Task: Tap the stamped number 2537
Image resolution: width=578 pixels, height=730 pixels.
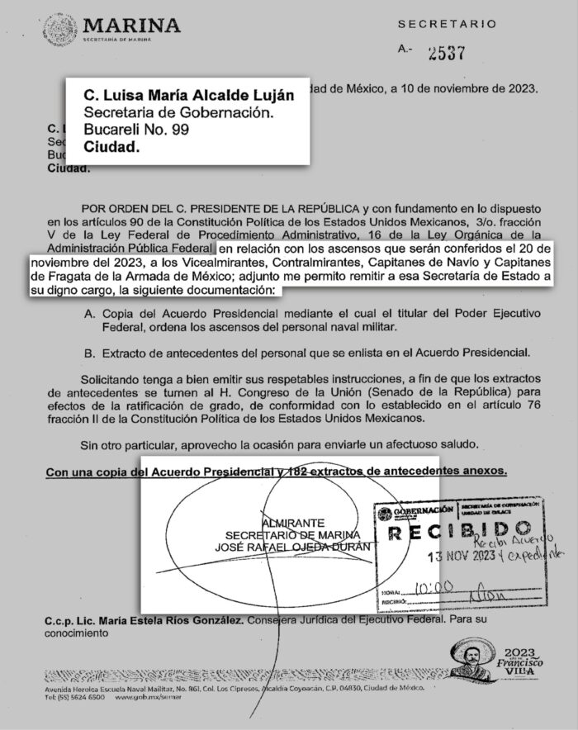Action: point(443,53)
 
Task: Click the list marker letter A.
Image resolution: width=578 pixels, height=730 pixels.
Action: point(111,315)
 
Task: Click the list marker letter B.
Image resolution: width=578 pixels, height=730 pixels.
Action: point(111,353)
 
